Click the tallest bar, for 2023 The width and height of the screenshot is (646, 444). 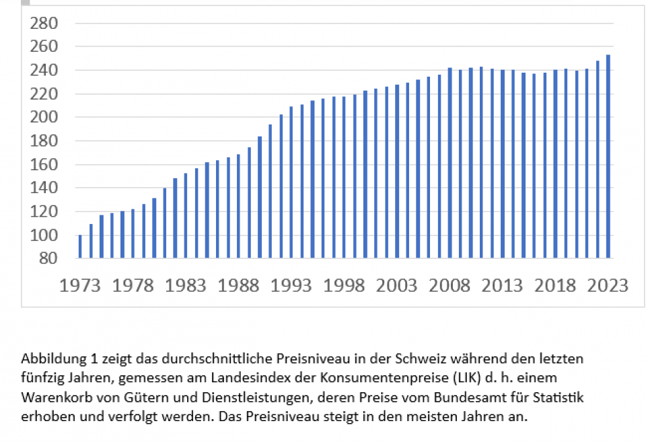[608, 156]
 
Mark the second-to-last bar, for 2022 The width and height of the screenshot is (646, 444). [598, 159]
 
